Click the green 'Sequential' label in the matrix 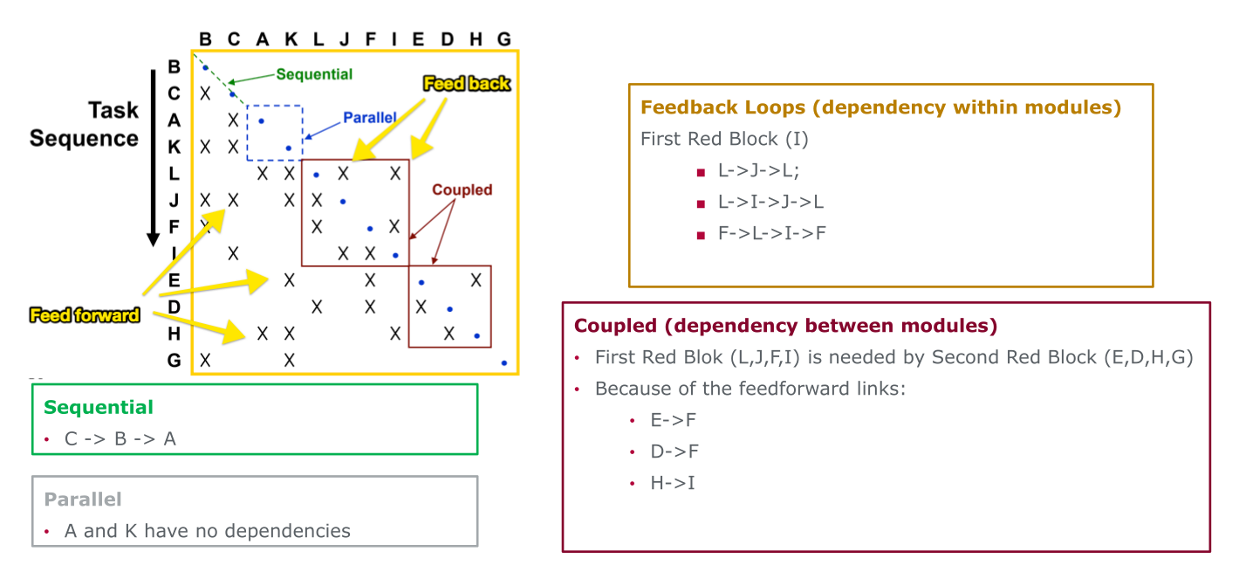click(314, 74)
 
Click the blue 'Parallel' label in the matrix click(369, 117)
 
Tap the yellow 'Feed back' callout click(467, 84)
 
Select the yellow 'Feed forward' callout click(86, 315)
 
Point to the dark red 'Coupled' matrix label click(462, 190)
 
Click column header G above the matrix click(503, 38)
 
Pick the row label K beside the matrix click(175, 147)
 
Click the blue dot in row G click(504, 362)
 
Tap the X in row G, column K click(290, 360)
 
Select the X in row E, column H click(476, 280)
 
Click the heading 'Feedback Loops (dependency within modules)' click(880, 107)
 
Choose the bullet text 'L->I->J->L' click(770, 203)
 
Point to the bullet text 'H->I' click(673, 483)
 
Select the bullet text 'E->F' click(674, 420)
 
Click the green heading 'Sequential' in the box click(99, 407)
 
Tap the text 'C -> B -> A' click(120, 438)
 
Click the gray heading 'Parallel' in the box click(83, 500)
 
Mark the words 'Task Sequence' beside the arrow click(85, 124)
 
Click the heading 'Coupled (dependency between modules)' click(785, 326)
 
